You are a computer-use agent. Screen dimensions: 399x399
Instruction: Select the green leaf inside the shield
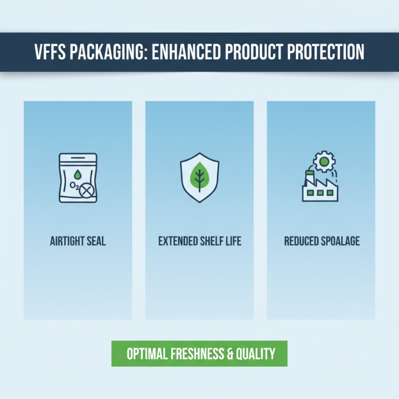click(x=199, y=176)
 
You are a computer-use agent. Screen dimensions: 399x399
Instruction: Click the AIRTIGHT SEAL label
click(x=78, y=241)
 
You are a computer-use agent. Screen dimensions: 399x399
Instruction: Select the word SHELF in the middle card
click(x=215, y=241)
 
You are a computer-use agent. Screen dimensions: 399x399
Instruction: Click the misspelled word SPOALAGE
click(x=339, y=241)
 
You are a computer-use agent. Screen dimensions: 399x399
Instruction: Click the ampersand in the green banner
click(x=230, y=354)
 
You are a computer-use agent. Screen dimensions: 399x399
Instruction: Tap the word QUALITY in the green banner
click(x=256, y=354)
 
